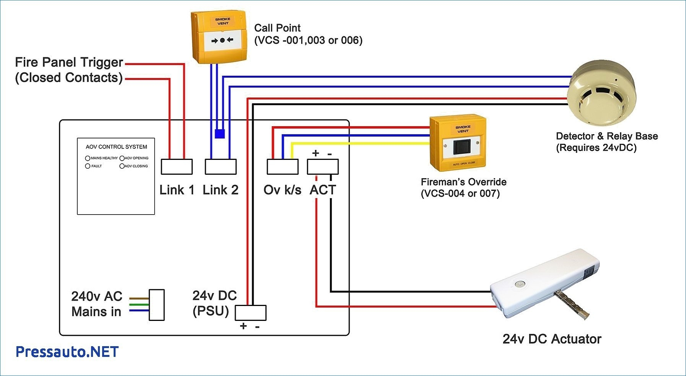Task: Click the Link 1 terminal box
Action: pyautogui.click(x=176, y=167)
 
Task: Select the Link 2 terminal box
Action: pyautogui.click(x=220, y=167)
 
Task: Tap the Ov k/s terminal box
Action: pyautogui.click(x=282, y=167)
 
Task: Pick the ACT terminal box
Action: pyautogui.click(x=323, y=167)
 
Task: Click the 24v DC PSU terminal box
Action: pyautogui.click(x=250, y=313)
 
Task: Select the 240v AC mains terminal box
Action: pyautogui.click(x=156, y=305)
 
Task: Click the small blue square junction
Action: pyautogui.click(x=220, y=133)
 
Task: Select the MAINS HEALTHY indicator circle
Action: pyautogui.click(x=88, y=158)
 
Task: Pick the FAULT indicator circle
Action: pyautogui.click(x=88, y=166)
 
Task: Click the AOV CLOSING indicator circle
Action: pyautogui.click(x=122, y=166)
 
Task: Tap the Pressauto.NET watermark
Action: pyautogui.click(x=67, y=352)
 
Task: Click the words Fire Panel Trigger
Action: pyautogui.click(x=69, y=62)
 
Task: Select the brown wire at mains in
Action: pyautogui.click(x=139, y=298)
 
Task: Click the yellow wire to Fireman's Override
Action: pyautogui.click(x=360, y=143)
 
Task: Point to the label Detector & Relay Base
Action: pyautogui.click(x=606, y=136)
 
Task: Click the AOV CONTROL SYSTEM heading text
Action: pyautogui.click(x=116, y=147)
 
